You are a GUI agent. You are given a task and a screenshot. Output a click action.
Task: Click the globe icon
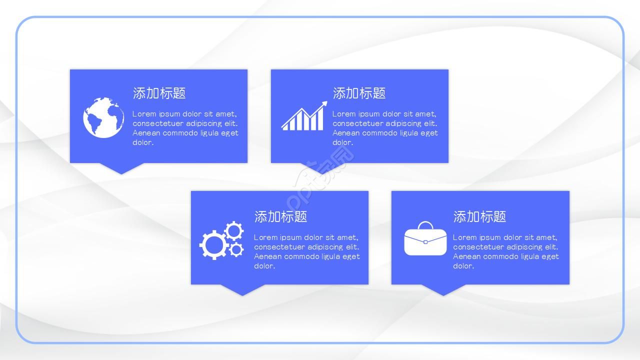103,118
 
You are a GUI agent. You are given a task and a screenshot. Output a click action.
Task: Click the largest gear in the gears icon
213,244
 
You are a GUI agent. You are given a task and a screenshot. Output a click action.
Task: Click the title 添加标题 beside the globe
159,93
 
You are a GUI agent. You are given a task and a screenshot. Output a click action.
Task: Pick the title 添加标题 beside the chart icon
359,93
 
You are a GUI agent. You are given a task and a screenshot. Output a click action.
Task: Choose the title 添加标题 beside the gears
280,216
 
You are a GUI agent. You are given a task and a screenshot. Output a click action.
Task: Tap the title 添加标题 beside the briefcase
479,216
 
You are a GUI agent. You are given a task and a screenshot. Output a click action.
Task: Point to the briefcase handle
425,225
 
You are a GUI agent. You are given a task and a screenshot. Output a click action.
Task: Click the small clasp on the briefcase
425,242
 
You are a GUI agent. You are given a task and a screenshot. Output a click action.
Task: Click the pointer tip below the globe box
121,172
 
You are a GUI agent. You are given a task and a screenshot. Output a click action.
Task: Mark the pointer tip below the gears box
242,294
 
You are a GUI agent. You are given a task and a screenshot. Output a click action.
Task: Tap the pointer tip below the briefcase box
443,294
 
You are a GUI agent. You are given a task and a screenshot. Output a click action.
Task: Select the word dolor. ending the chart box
342,142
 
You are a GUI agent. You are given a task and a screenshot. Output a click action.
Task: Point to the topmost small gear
233,231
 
